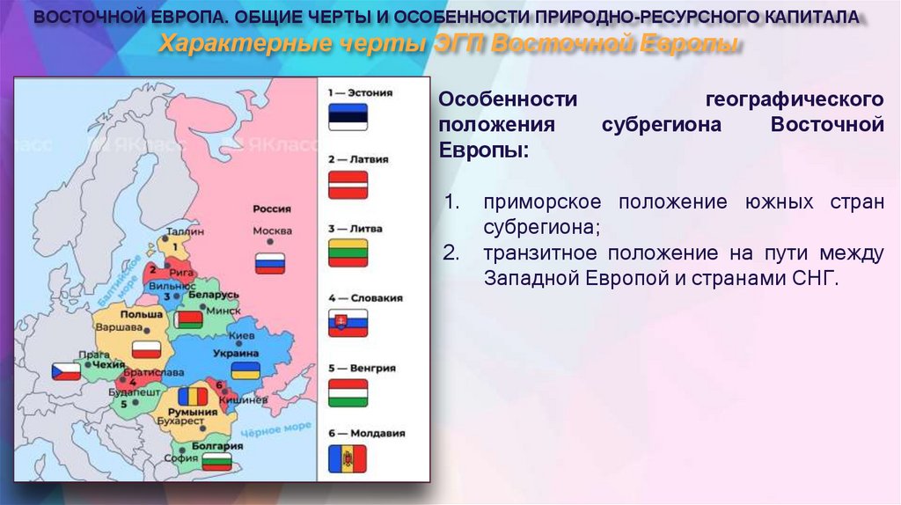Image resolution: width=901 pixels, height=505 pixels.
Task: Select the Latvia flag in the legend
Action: tap(348, 185)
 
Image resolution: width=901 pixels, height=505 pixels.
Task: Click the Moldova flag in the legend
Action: tap(348, 458)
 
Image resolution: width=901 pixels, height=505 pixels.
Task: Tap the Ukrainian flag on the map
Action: tap(245, 370)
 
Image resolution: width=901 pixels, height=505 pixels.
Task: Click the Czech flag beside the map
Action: tap(66, 370)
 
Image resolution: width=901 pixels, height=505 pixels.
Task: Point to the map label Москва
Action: tap(272, 231)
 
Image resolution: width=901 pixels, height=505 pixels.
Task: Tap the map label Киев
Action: tap(241, 335)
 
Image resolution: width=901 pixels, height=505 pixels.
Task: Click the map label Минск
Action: tap(223, 310)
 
